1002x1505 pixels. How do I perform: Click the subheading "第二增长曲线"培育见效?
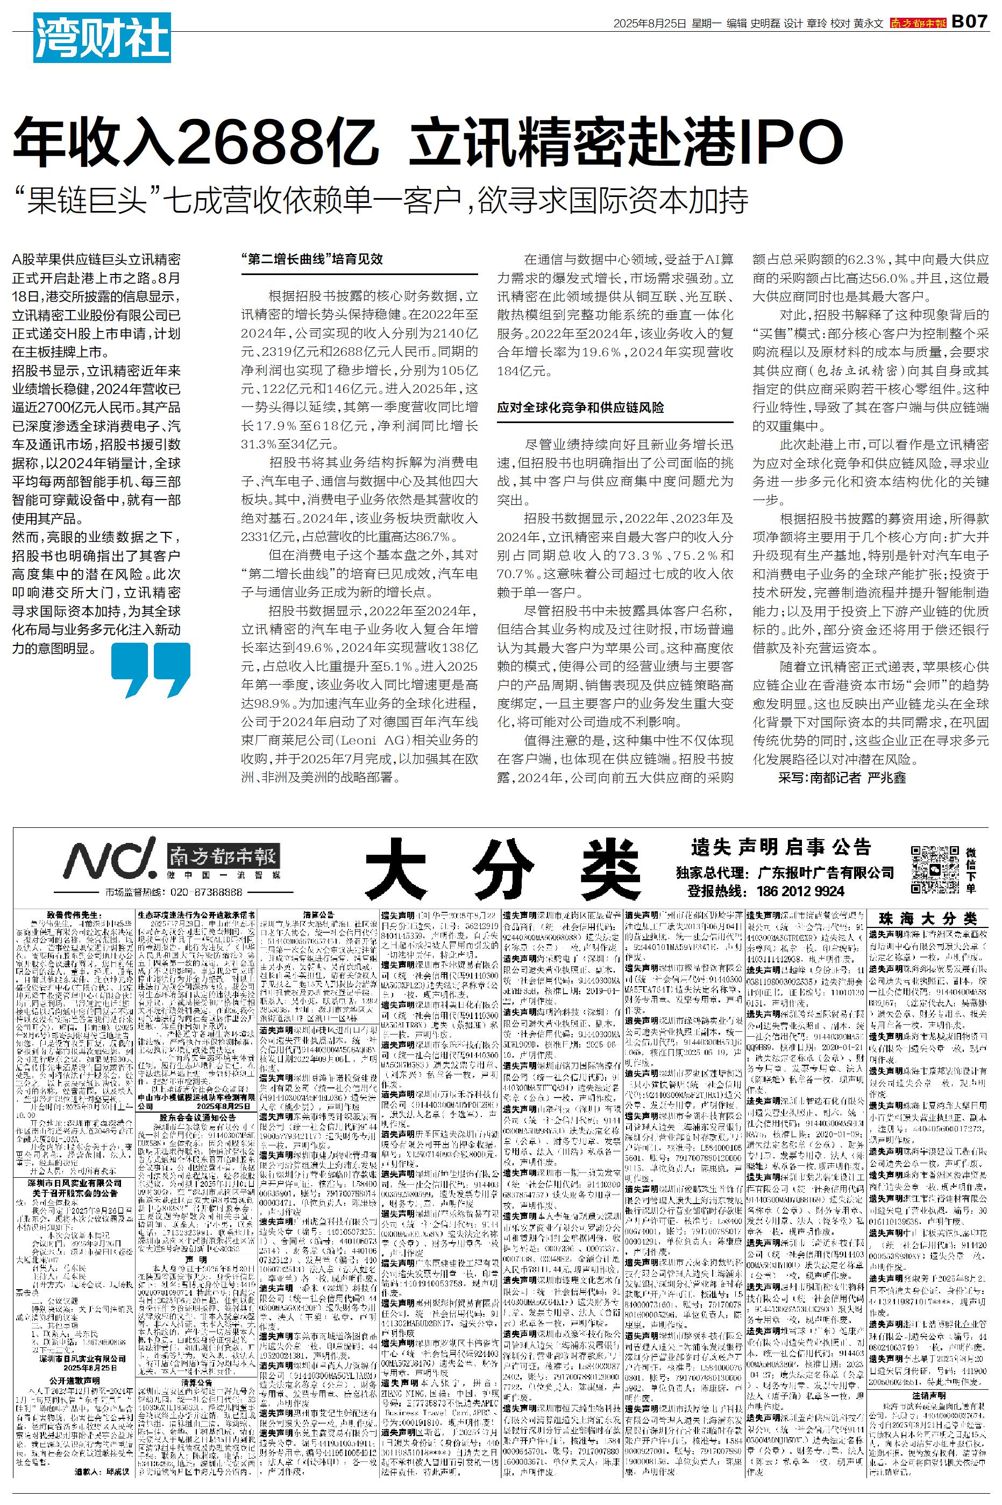click(x=312, y=259)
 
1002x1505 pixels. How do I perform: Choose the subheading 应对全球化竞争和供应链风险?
click(x=580, y=407)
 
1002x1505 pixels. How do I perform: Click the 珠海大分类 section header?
click(x=928, y=919)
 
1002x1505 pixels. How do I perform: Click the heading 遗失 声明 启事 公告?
click(x=780, y=848)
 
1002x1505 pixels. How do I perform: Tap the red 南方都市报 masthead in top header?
click(x=918, y=23)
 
